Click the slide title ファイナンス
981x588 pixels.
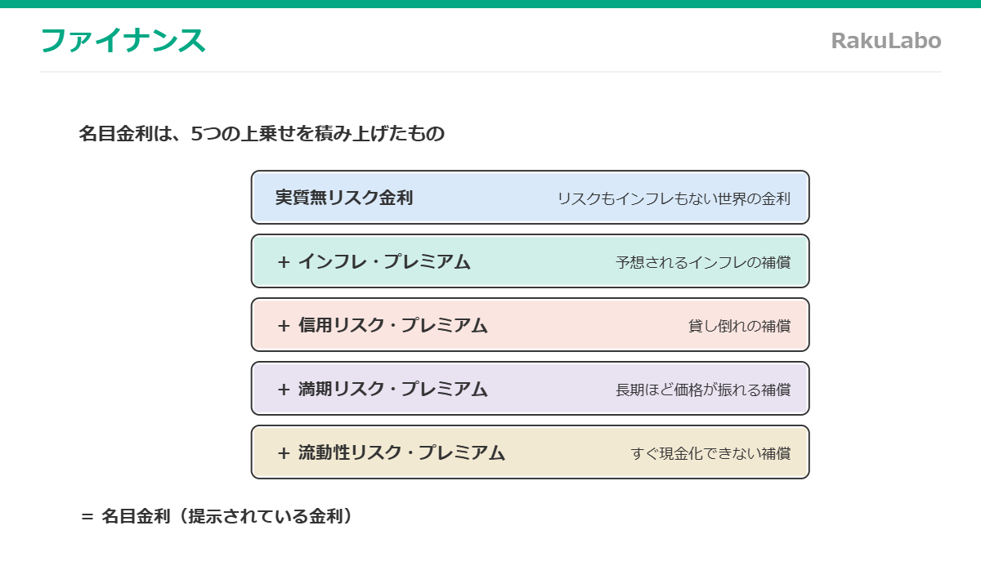pos(123,40)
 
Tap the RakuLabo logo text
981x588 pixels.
pos(886,41)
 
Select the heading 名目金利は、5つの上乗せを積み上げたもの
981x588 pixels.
pos(262,133)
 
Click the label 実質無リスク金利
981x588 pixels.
pos(344,198)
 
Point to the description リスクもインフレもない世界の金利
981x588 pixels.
pos(674,198)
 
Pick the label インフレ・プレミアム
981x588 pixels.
pos(384,261)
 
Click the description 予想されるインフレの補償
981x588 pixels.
pos(703,262)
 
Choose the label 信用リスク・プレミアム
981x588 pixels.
pos(393,326)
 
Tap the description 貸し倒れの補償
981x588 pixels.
pos(739,326)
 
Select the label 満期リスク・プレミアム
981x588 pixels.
pos(393,389)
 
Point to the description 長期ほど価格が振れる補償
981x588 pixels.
pos(703,390)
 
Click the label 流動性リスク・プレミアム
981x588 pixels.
pos(401,452)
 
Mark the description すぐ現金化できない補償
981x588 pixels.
pos(710,454)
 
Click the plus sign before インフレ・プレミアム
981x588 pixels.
pos(284,262)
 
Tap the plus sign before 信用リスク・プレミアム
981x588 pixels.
pos(284,326)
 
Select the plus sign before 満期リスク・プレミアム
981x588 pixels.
pos(284,390)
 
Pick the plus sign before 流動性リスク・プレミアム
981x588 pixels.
pos(284,454)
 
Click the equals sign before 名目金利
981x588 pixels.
pos(87,517)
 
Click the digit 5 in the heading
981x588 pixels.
pos(197,134)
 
